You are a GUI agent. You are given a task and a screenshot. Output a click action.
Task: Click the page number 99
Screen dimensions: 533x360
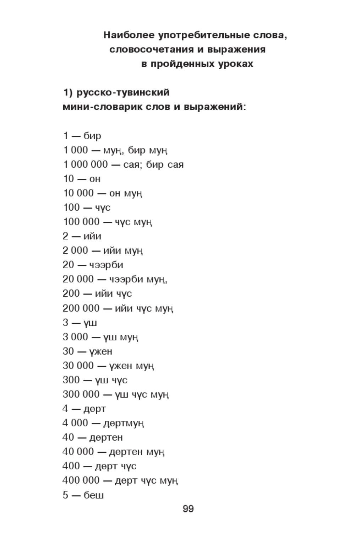click(x=188, y=509)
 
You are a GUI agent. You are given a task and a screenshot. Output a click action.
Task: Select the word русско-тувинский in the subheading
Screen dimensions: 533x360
click(x=123, y=93)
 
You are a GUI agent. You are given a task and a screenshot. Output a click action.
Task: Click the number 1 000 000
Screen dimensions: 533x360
click(x=85, y=165)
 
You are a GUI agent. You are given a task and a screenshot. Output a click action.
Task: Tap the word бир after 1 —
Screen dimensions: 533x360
click(x=92, y=136)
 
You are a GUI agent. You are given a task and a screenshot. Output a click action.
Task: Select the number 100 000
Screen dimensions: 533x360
click(x=81, y=222)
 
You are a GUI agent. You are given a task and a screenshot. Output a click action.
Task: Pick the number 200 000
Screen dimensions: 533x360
click(x=81, y=308)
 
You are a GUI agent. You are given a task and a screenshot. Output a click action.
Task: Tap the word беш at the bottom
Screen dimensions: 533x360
click(x=94, y=495)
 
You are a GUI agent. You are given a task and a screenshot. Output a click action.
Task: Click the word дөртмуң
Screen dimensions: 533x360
click(x=124, y=423)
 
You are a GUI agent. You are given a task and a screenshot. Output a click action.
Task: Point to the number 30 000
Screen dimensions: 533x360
click(x=78, y=366)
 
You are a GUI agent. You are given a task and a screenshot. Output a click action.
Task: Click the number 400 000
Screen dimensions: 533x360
click(x=81, y=480)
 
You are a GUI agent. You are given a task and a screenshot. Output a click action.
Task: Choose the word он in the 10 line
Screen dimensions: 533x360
click(x=95, y=179)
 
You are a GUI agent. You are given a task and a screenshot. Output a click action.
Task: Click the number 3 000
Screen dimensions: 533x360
click(x=75, y=337)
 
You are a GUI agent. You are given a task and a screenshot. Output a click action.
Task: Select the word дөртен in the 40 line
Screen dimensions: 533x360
click(x=106, y=437)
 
